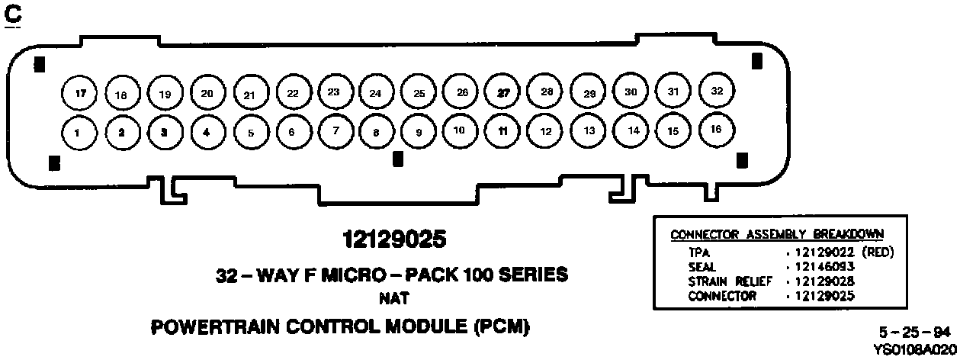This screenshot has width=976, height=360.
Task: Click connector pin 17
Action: coord(80,94)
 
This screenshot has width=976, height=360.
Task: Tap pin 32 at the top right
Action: coord(717,91)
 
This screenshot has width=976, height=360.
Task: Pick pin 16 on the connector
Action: coord(716,129)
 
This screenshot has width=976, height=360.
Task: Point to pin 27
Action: coord(503,92)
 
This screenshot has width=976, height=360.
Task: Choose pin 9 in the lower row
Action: coord(419,131)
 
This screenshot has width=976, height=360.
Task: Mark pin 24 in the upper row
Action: coord(375,93)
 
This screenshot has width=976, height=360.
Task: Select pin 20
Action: coord(207,94)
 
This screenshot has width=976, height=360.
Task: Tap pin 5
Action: coord(251,132)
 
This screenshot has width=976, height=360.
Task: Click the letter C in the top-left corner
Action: coord(13,14)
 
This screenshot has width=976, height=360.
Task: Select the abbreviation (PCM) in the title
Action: coord(501,327)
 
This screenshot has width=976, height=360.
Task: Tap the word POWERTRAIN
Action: coord(217,327)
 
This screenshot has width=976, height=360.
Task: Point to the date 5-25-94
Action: coord(914,332)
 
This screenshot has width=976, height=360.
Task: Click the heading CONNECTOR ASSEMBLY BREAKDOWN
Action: coord(777,234)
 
